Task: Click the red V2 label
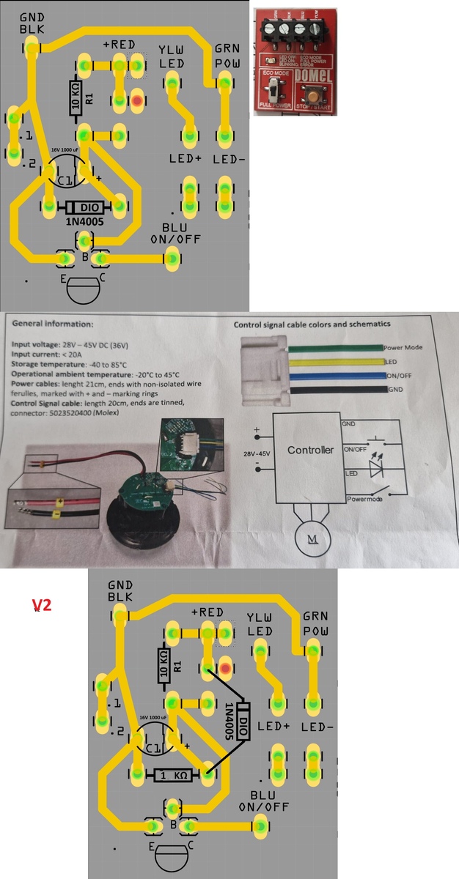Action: (x=42, y=606)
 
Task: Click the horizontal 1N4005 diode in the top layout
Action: (x=83, y=208)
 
